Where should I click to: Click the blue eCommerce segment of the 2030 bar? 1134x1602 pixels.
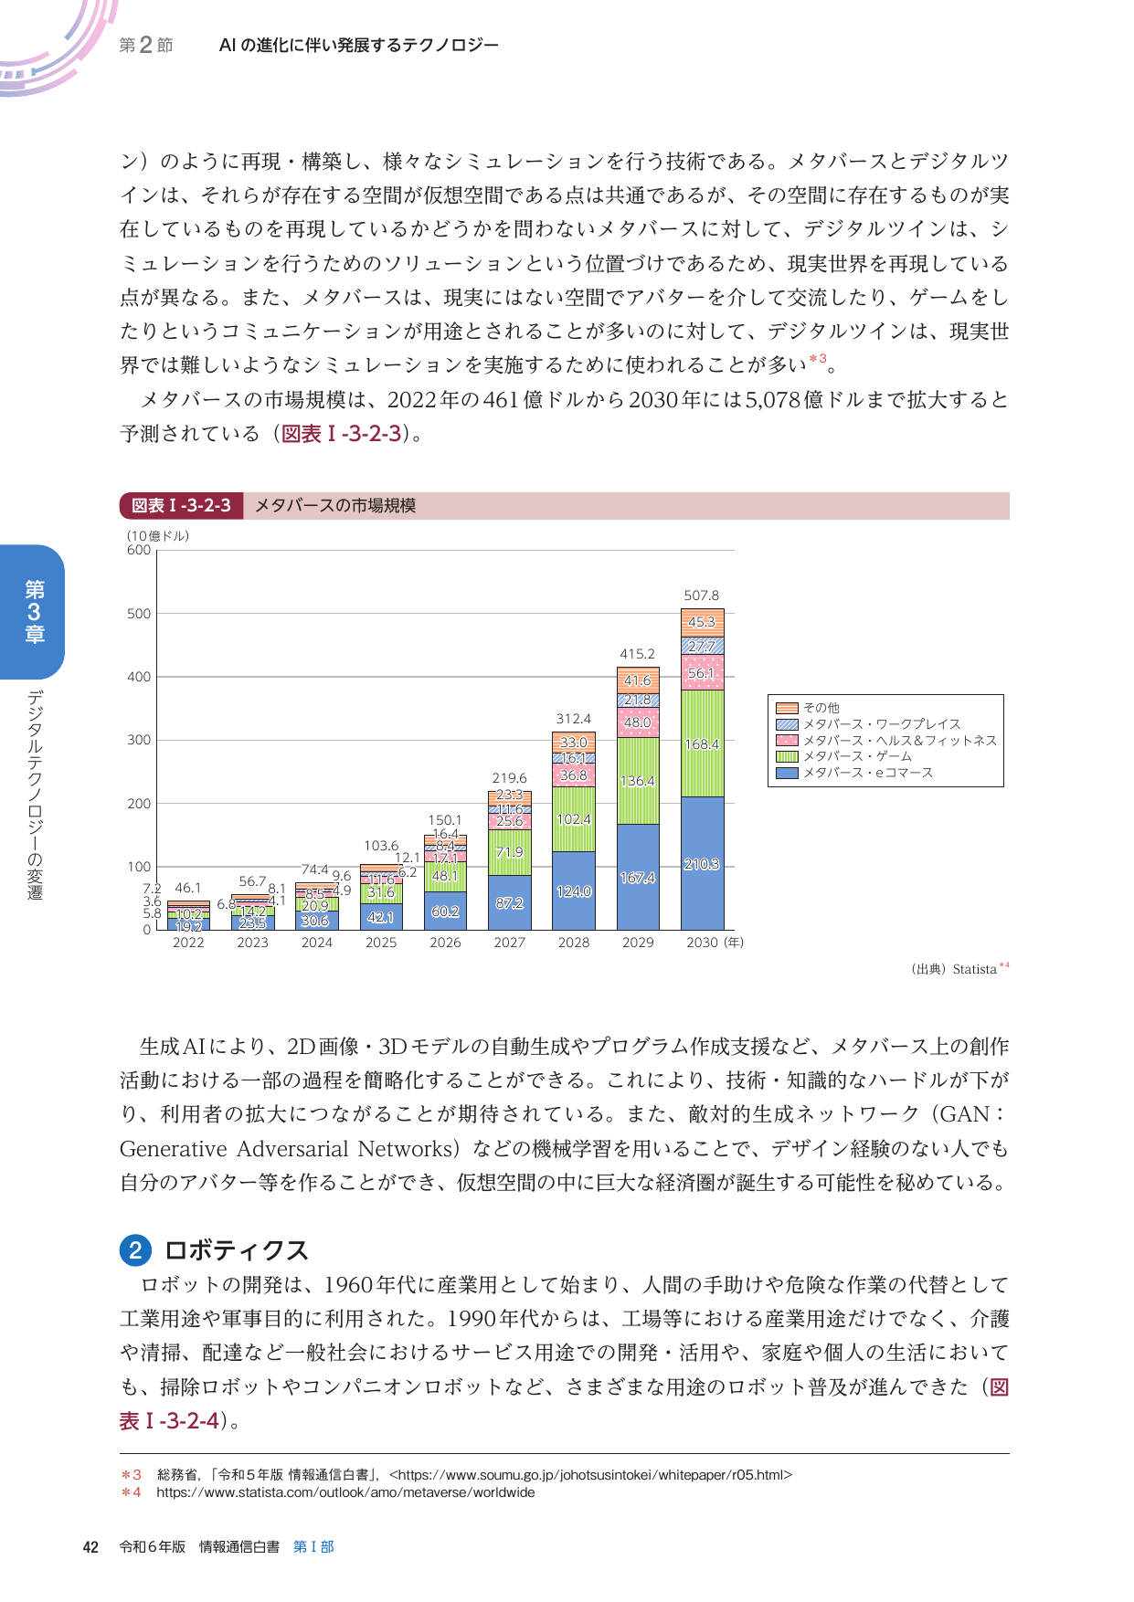(x=702, y=863)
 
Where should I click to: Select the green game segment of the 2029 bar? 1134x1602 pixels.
(x=638, y=781)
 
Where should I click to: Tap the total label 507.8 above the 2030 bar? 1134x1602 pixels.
(x=702, y=595)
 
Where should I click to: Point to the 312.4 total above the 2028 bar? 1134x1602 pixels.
(x=574, y=719)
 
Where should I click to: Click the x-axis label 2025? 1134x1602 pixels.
(x=381, y=943)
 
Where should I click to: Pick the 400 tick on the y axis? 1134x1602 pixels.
(x=139, y=677)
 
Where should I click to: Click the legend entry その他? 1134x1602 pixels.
(x=821, y=708)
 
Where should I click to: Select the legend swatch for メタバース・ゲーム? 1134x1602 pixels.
(x=787, y=756)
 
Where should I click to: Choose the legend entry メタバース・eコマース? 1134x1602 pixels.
(x=867, y=773)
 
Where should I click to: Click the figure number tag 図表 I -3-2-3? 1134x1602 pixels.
(x=181, y=506)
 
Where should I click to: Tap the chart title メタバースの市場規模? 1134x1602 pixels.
(x=335, y=506)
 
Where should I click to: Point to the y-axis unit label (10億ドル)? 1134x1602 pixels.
(x=158, y=536)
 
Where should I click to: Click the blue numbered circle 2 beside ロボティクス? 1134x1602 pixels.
(x=135, y=1249)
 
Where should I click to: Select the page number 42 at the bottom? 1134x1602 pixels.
(x=90, y=1546)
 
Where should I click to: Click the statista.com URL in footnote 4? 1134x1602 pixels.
(x=345, y=1492)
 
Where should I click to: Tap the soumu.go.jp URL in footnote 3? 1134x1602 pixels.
(x=590, y=1474)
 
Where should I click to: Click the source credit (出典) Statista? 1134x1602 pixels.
(x=954, y=969)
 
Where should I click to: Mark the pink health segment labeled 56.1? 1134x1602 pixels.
(x=702, y=673)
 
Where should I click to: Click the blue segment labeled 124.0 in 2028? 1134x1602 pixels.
(x=574, y=891)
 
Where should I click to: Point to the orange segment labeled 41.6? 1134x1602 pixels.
(x=638, y=680)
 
